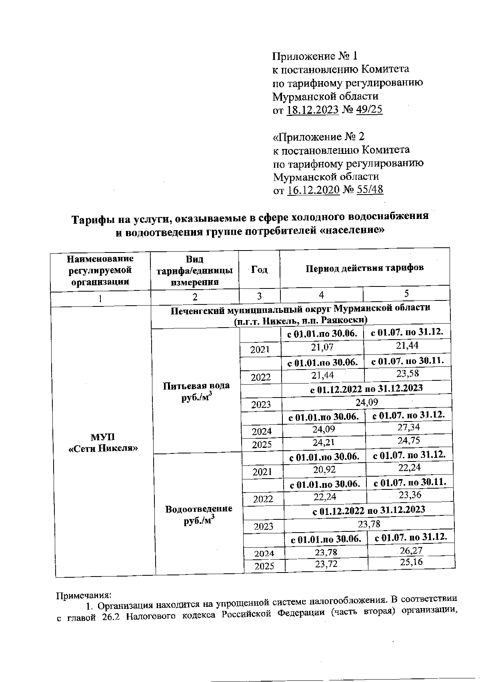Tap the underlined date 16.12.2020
(x=314, y=190)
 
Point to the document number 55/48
(x=369, y=190)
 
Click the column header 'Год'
(x=259, y=270)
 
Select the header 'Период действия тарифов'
(x=364, y=268)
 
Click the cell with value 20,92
(x=324, y=470)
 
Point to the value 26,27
(x=411, y=551)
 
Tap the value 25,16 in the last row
(x=411, y=563)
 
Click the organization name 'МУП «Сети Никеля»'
(x=103, y=442)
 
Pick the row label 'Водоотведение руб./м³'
(x=199, y=515)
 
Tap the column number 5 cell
(x=406, y=294)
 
